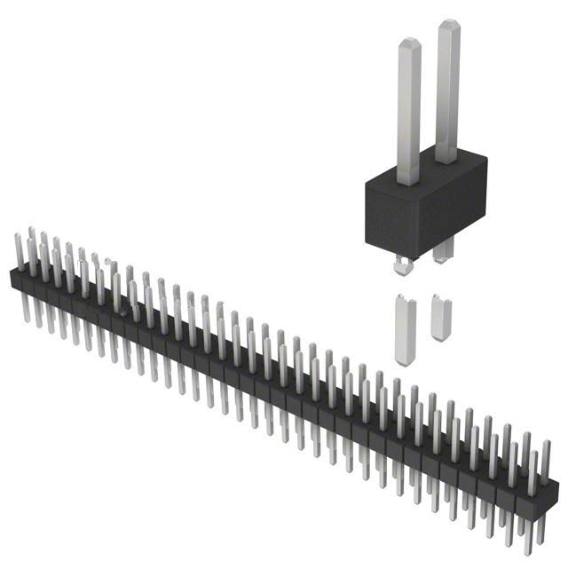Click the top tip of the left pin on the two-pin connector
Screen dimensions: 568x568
click(x=408, y=43)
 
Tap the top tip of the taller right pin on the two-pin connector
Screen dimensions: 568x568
click(x=446, y=26)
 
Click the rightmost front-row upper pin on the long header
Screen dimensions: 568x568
click(x=532, y=465)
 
